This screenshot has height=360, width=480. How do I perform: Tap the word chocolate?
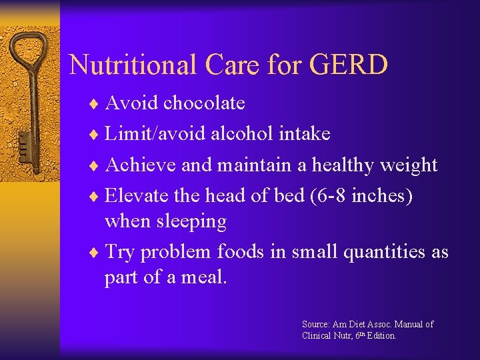pyautogui.click(x=204, y=103)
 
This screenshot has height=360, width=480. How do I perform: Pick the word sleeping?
pyautogui.click(x=193, y=221)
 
